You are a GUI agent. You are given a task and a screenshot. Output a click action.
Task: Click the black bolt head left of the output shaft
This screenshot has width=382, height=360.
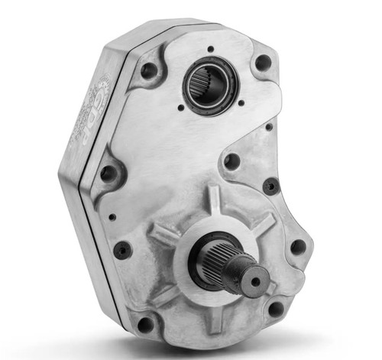(122, 249)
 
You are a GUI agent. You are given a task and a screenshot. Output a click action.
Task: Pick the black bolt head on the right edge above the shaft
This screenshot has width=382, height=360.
(270, 185)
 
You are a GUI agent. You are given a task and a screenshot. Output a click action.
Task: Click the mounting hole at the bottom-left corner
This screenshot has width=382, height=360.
(145, 324)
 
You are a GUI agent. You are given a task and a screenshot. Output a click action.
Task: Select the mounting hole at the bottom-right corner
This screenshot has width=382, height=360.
(277, 309)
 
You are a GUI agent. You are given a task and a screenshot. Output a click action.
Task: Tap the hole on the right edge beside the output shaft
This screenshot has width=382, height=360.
(299, 247)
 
